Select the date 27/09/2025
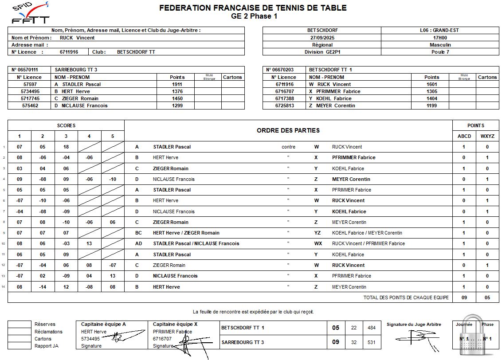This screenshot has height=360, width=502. click(x=322, y=38)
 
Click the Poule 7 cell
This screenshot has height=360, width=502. click(x=440, y=52)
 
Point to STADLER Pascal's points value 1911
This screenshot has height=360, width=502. click(x=177, y=84)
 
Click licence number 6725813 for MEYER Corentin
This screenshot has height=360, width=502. click(x=285, y=106)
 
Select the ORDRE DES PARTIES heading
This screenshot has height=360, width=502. click(x=288, y=130)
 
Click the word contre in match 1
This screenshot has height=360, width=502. click(x=288, y=147)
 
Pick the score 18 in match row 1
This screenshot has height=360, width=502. click(x=66, y=147)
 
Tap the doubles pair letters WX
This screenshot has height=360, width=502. click(x=318, y=243)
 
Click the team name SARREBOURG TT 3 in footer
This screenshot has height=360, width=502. click(x=243, y=342)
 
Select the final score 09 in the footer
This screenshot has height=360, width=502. click(x=336, y=342)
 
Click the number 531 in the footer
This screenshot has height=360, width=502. click(x=371, y=342)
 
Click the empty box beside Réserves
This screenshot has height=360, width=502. click(x=20, y=325)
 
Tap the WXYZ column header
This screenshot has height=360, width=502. click(x=487, y=136)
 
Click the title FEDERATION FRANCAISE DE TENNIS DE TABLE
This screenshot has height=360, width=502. click(x=253, y=8)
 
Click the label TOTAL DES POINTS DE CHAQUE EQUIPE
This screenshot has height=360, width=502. click(x=406, y=297)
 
